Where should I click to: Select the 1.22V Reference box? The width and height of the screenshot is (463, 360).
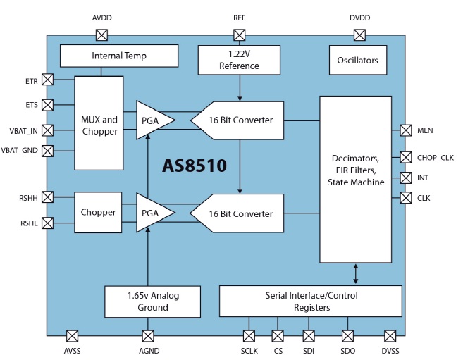click(x=240, y=60)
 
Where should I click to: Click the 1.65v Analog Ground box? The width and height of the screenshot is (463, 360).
click(x=153, y=301)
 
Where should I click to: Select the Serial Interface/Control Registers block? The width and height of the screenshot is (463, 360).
click(x=310, y=301)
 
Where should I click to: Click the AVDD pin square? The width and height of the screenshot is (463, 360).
click(x=101, y=35)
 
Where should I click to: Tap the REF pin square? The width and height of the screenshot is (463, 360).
click(x=240, y=35)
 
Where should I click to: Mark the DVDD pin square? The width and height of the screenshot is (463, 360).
click(x=359, y=35)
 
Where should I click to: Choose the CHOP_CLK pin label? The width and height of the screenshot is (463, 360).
click(x=436, y=157)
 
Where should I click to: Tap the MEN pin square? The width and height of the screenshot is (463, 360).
click(x=406, y=130)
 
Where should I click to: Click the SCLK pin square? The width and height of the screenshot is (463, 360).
click(x=249, y=336)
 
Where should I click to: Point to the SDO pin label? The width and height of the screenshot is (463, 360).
click(x=347, y=350)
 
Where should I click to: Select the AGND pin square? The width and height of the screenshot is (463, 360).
click(x=148, y=336)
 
